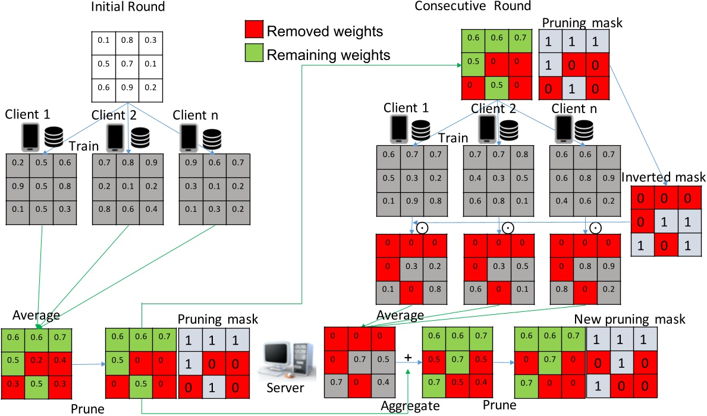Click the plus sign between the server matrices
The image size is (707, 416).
pyautogui.click(x=409, y=357)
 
